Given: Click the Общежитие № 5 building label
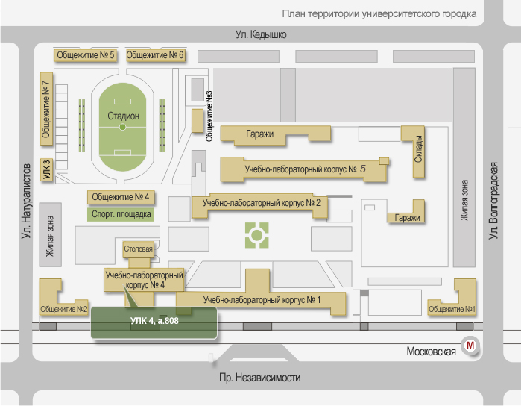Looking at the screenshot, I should coord(86,55).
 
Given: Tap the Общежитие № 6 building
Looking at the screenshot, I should coord(155,55).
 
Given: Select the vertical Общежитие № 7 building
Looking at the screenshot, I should coord(46,113).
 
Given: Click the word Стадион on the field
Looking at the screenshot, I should coord(123,116).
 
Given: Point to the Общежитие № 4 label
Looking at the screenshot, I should coord(121,197).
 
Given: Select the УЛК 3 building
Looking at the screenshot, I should coord(46,170).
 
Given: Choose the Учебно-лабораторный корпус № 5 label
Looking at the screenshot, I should coord(306,170).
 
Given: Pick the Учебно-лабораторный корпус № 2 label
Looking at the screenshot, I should coord(261,202).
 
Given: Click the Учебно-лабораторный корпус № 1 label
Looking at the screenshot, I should coord(261,300).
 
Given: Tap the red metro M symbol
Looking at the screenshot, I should coord(470,346).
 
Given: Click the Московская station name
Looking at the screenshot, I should coord(431,352).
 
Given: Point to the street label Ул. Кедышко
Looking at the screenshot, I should coord(261,34).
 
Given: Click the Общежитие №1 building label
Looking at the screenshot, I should coord(449,309).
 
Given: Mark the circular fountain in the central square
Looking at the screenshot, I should coord(256,237).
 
